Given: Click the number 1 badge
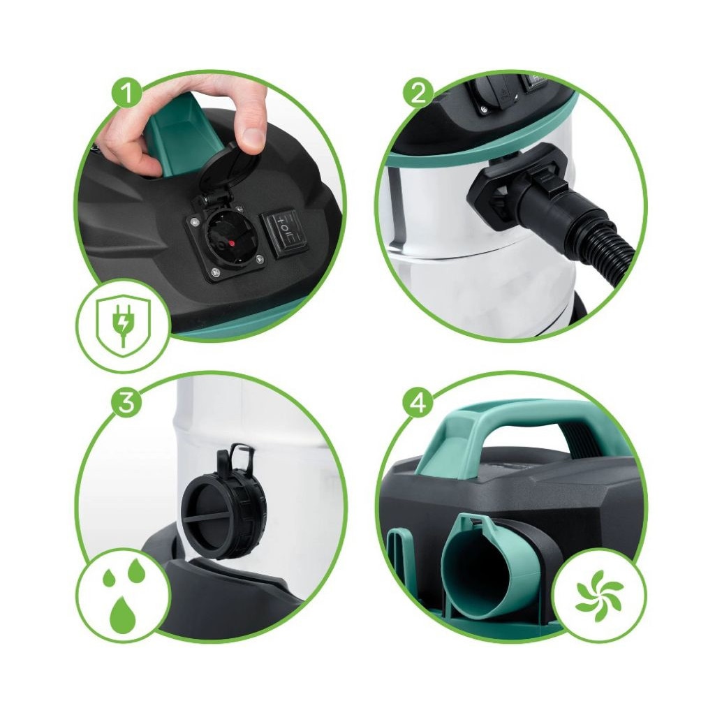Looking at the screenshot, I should point(126,92).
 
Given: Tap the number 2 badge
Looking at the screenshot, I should point(418,92).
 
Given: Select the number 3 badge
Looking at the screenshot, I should point(126,404).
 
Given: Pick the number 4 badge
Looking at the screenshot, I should point(418,404).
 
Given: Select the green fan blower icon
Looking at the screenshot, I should point(598,596).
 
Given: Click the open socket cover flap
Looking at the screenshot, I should point(230,170).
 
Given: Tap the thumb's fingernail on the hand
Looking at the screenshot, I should point(253,138).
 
